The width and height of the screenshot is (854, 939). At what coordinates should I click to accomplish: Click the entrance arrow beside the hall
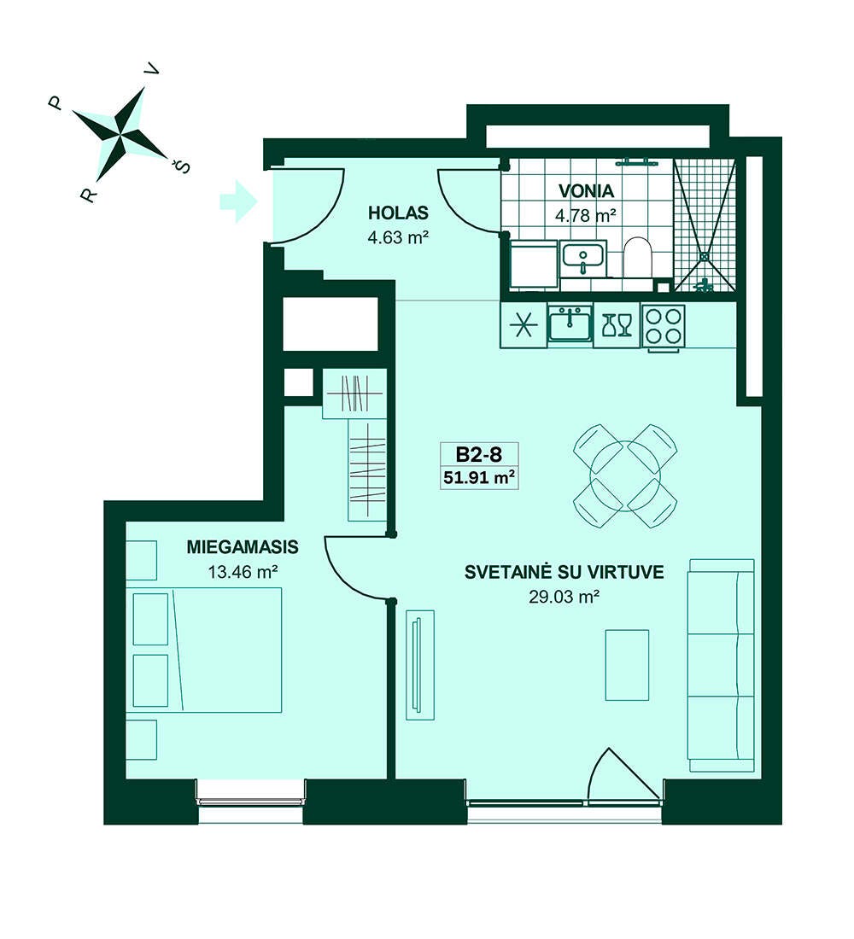[x=238, y=201]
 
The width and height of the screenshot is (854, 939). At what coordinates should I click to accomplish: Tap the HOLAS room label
[x=398, y=213]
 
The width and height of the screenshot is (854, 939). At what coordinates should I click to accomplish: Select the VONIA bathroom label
[x=586, y=191]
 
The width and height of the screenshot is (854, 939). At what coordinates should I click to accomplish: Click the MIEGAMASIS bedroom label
[x=243, y=546]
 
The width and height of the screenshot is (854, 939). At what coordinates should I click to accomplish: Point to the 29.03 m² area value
[x=564, y=597]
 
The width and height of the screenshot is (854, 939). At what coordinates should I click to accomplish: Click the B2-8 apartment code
[x=478, y=454]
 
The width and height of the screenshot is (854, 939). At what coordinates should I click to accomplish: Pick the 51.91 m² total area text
[x=479, y=478]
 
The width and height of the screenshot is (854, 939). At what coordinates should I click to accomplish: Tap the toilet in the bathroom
[x=636, y=258]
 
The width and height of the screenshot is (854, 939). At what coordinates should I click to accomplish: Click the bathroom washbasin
[x=584, y=258]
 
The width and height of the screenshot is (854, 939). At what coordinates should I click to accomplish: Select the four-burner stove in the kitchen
[x=664, y=326]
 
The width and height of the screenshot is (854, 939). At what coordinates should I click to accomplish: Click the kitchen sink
[x=570, y=324]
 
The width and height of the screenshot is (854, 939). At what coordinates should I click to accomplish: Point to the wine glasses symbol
[x=617, y=326]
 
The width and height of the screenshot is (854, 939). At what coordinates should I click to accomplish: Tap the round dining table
[x=625, y=476]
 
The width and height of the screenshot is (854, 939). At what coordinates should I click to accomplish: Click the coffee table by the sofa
[x=627, y=665]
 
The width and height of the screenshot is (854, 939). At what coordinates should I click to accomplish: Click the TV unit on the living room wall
[x=419, y=665]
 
